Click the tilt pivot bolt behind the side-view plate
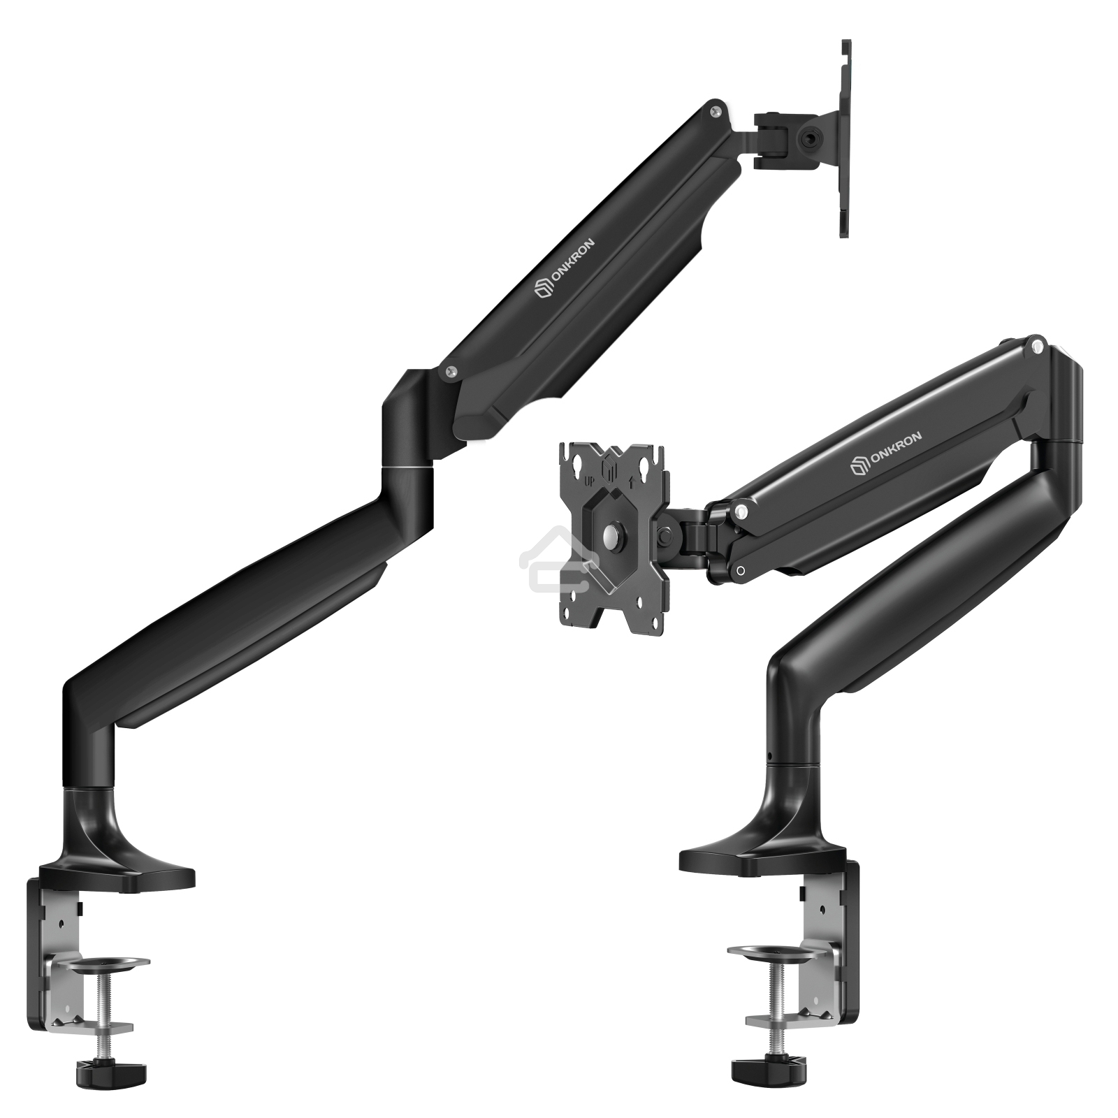[x=812, y=137]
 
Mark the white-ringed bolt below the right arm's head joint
[x=741, y=571]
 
